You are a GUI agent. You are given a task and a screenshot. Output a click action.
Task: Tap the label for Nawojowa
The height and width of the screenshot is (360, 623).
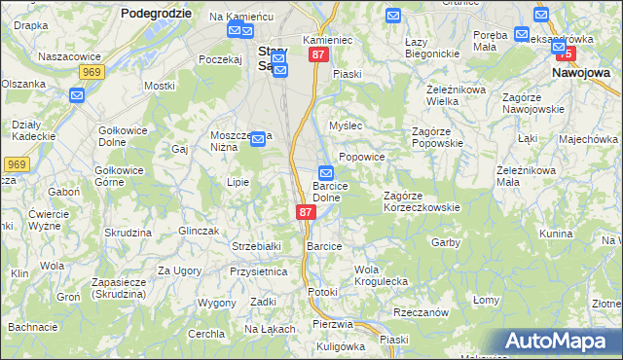(580, 72)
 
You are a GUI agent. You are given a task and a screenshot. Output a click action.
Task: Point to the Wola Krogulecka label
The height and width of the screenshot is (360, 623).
(381, 275)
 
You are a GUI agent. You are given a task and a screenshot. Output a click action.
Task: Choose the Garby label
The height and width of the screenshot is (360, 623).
(445, 242)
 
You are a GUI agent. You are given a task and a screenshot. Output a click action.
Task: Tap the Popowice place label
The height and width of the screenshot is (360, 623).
(362, 157)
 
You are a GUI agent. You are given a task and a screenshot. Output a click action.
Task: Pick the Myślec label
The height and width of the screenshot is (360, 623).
(346, 126)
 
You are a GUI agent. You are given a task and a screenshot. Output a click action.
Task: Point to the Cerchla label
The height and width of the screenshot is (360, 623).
(206, 334)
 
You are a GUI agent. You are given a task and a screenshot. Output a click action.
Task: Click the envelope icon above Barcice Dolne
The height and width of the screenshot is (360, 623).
(327, 173)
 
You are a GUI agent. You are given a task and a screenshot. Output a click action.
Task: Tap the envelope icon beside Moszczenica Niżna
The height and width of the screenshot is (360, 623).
(258, 140)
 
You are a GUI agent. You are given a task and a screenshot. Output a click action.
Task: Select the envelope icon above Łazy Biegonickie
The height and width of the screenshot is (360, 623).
(392, 16)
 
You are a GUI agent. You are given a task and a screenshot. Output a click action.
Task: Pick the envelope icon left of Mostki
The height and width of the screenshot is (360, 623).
(78, 94)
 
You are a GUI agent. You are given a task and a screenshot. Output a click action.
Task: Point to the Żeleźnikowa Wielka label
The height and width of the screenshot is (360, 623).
(429, 93)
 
